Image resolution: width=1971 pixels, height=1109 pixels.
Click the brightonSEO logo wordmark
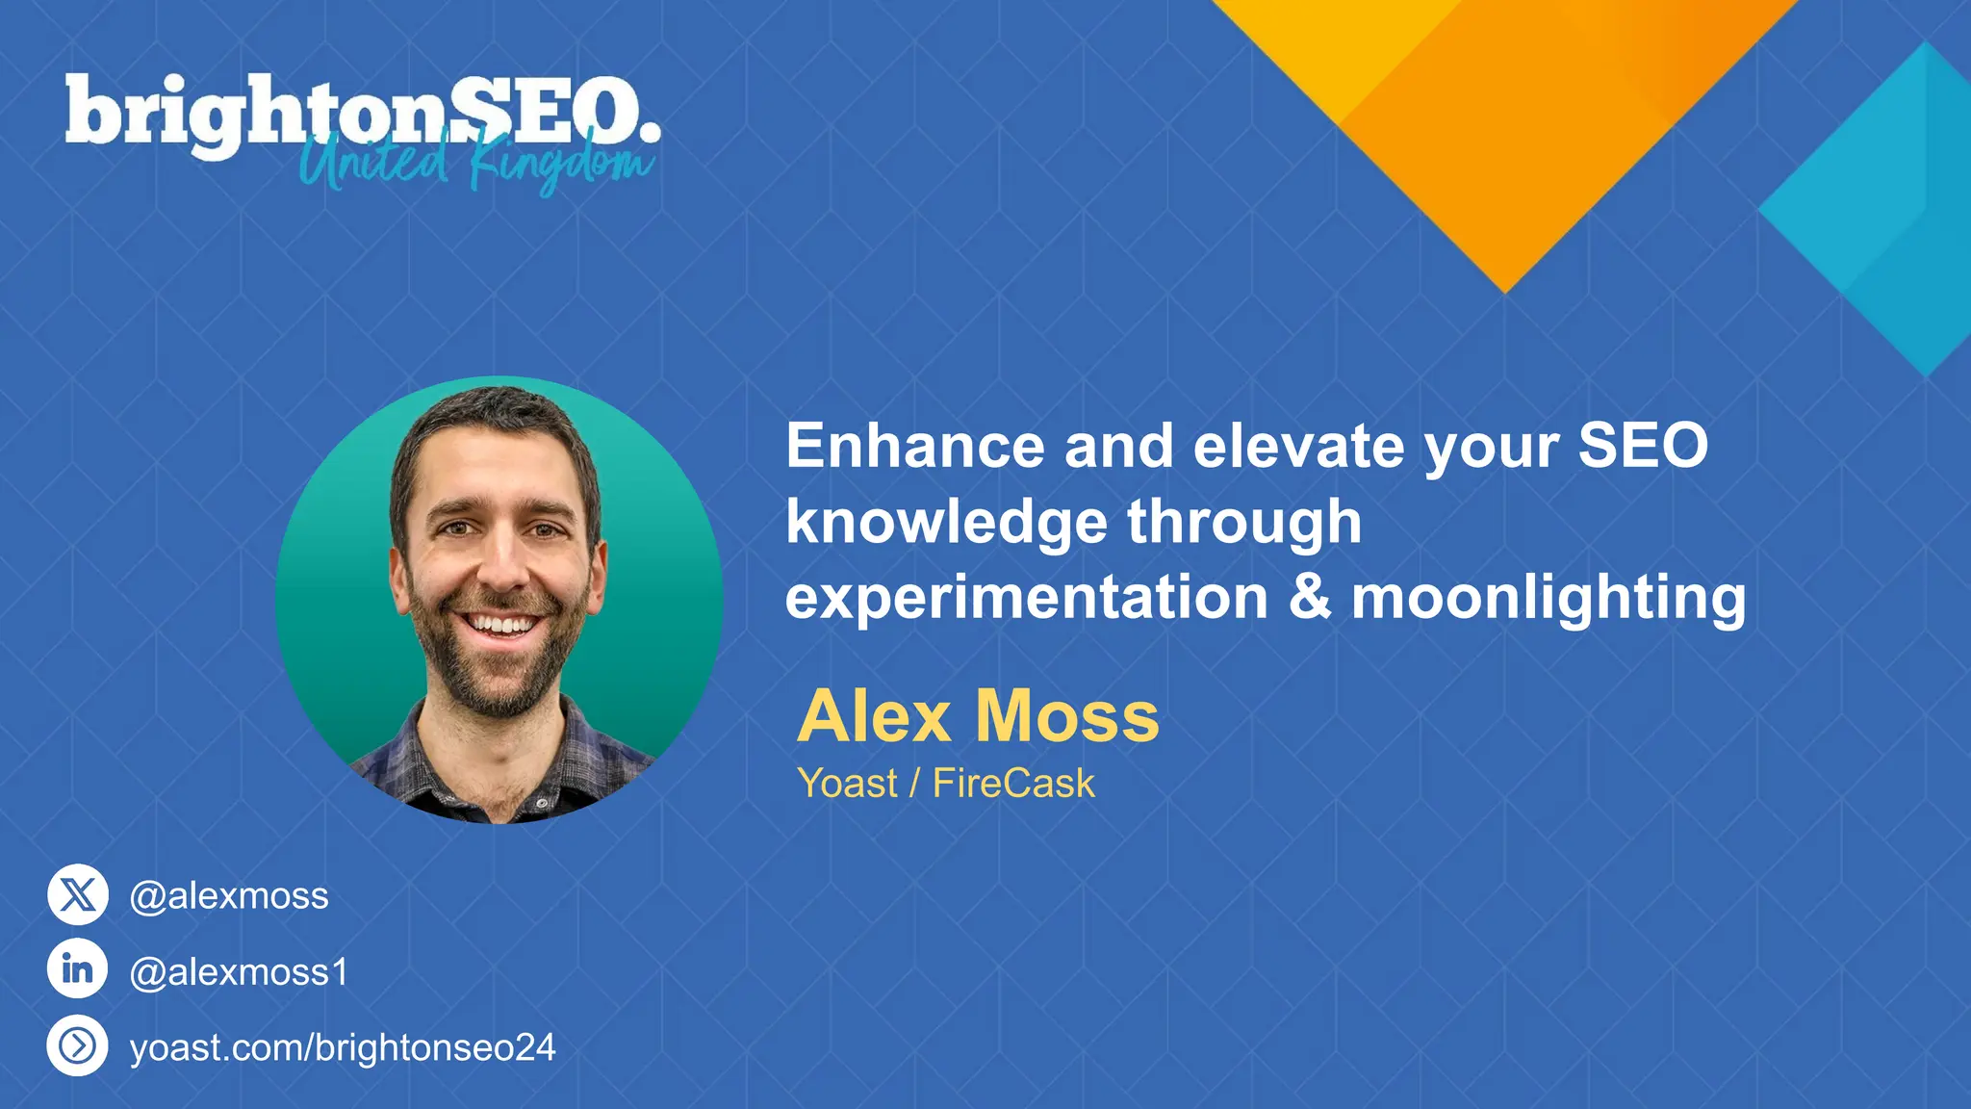click(x=361, y=114)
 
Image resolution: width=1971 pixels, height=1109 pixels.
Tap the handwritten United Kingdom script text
click(x=476, y=164)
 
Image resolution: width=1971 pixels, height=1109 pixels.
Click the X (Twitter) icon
click(x=78, y=894)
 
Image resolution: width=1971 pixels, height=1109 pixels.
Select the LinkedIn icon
click(x=78, y=968)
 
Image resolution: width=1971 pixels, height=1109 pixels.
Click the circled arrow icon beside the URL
click(x=78, y=1045)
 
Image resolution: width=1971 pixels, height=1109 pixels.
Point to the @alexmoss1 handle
click(x=239, y=972)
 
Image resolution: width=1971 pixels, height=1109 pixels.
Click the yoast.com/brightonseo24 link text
click(x=343, y=1047)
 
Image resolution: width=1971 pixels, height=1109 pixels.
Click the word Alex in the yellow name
click(x=874, y=717)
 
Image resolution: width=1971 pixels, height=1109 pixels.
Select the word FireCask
click(x=1013, y=784)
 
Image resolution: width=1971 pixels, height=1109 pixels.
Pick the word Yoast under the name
click(x=847, y=784)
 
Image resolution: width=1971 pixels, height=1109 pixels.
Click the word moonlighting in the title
click(x=1549, y=599)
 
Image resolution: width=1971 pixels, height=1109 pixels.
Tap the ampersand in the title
click(x=1310, y=597)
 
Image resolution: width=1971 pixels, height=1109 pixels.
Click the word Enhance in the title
click(x=915, y=446)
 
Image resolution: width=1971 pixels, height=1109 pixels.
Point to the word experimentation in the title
click(x=1027, y=599)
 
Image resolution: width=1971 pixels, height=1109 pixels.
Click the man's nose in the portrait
click(x=501, y=568)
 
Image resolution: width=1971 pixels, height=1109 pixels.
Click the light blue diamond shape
click(x=1886, y=207)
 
